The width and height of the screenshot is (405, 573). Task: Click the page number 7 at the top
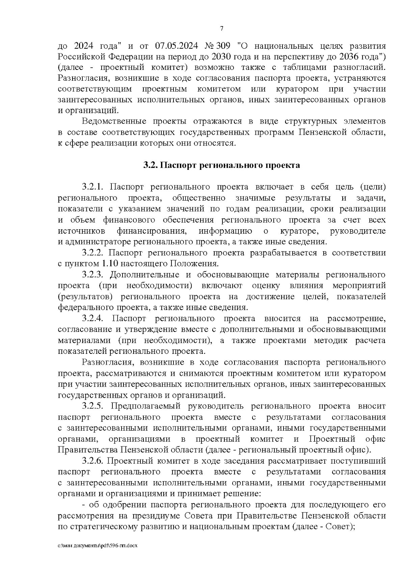point(222,28)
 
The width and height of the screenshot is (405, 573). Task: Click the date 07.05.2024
point(177,46)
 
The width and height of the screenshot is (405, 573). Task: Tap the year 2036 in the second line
point(349,56)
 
